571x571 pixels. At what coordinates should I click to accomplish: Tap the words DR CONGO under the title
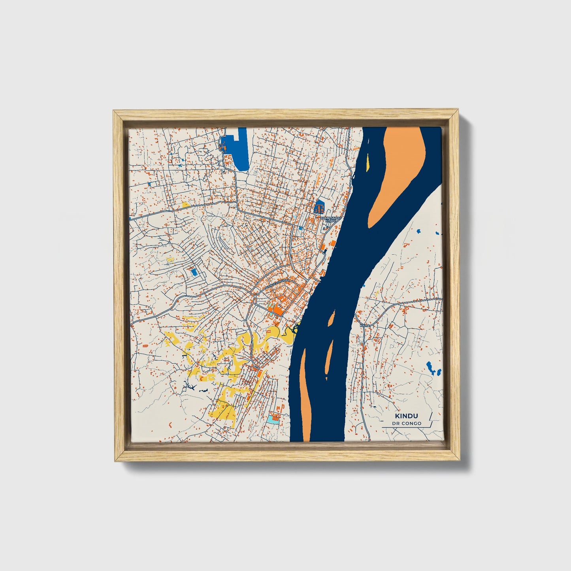point(407,424)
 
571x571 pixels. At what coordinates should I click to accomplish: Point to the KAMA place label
point(365,325)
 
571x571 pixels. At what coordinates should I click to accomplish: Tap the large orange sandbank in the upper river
point(398,174)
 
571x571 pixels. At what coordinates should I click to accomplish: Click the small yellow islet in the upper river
point(368,162)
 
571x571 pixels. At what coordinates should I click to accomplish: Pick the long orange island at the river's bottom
point(305,399)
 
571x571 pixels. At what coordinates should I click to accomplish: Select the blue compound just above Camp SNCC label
point(319,207)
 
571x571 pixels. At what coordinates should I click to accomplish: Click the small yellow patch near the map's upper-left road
point(185,205)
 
